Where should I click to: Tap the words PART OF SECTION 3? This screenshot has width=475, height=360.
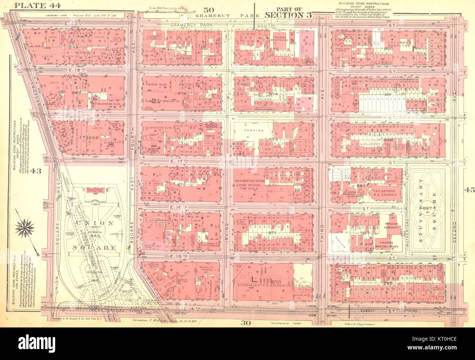[289, 13]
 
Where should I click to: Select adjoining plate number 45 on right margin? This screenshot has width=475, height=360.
[469, 190]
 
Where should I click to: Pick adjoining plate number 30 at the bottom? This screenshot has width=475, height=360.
[245, 322]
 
